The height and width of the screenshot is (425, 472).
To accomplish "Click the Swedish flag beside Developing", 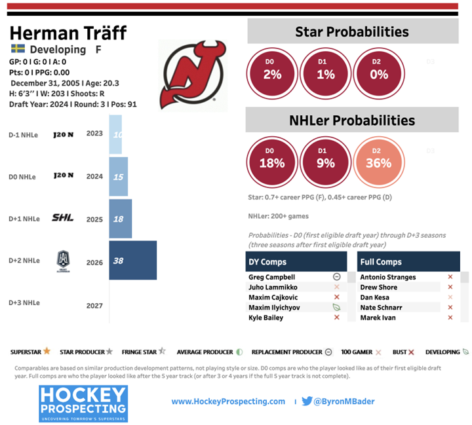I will tap(18, 49).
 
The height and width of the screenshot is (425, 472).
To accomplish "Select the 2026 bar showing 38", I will tap(132, 261).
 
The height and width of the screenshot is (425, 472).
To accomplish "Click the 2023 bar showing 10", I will tap(115, 135).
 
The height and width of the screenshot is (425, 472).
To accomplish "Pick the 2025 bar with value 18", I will tap(120, 219).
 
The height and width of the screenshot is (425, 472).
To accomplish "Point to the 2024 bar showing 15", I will tap(118, 177).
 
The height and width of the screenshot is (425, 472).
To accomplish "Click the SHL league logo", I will tap(63, 218).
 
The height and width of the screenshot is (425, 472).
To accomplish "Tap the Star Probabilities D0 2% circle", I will tap(272, 74).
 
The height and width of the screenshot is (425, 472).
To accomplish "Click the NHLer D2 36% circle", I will tap(378, 163).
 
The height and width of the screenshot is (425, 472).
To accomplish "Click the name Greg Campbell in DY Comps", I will tap(271, 277).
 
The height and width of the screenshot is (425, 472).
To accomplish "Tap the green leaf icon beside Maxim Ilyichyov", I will tap(336, 307).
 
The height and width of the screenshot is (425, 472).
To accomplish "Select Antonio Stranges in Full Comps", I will tap(387, 277).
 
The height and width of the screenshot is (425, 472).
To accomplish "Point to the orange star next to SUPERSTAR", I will tap(47, 352).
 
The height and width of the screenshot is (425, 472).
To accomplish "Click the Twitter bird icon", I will tap(307, 401).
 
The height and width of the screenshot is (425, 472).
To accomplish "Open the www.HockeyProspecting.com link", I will tap(228, 401).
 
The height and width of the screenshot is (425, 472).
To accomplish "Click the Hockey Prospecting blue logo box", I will tap(83, 403).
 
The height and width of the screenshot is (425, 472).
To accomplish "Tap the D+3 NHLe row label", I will tap(24, 303).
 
